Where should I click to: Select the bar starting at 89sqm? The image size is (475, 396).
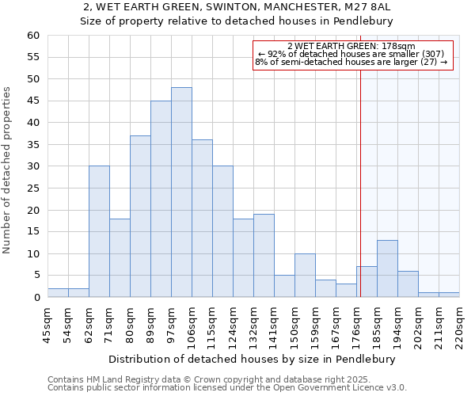click(161, 199)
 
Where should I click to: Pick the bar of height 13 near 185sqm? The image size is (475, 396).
click(387, 268)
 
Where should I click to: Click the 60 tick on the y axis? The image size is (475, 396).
click(32, 36)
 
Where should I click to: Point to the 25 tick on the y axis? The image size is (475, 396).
click(32, 188)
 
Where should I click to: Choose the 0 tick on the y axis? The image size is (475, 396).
click(36, 298)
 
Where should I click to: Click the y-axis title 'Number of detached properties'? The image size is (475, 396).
click(8, 170)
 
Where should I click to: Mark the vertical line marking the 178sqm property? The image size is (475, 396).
click(361, 174)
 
